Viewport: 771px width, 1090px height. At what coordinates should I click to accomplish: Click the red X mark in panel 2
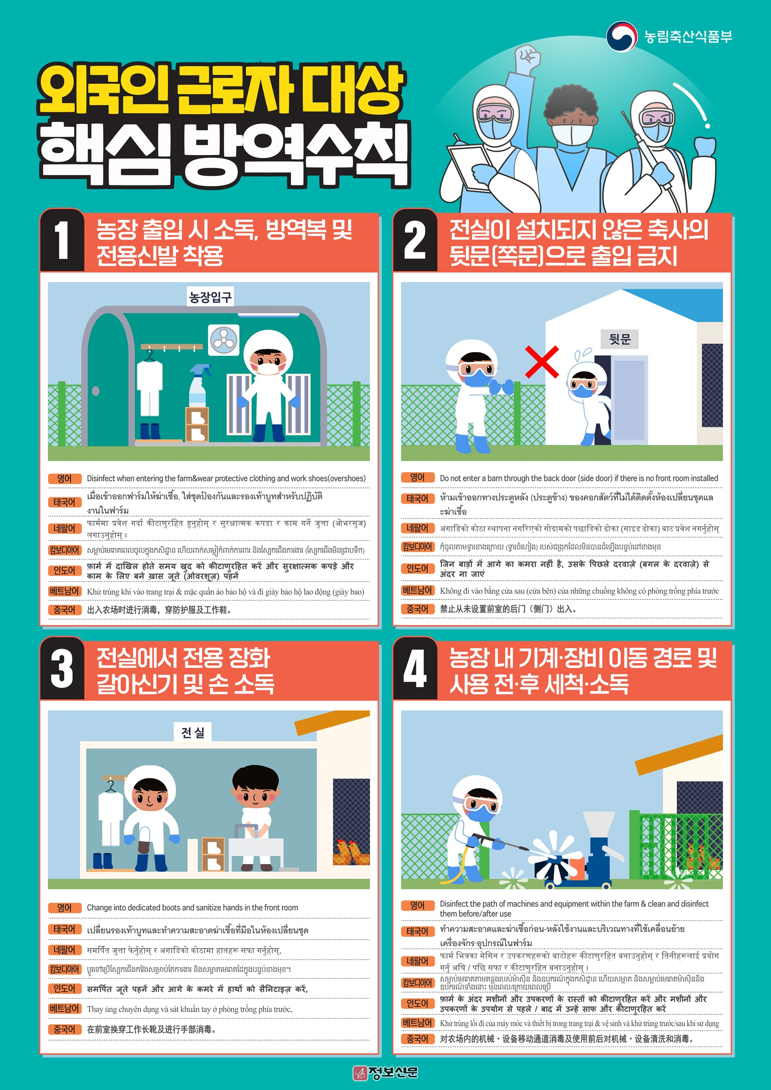[542, 362]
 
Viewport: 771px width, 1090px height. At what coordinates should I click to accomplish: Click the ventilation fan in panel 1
[224, 340]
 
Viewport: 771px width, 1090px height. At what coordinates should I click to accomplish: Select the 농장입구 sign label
[210, 297]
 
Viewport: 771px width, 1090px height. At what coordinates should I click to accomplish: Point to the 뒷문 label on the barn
[619, 339]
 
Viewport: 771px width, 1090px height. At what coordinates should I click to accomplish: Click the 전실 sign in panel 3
[193, 732]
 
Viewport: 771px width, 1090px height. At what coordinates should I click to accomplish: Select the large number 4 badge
[415, 669]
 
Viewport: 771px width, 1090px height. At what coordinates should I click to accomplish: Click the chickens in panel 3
[351, 852]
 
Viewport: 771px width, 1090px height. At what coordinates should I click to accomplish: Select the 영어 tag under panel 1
[64, 479]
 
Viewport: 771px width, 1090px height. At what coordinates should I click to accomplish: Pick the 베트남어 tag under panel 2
[417, 591]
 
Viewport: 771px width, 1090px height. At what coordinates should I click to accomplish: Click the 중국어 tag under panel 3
[64, 1029]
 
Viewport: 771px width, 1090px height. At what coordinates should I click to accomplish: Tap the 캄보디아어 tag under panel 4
[417, 983]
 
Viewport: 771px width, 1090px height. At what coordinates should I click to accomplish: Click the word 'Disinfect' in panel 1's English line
[101, 479]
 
